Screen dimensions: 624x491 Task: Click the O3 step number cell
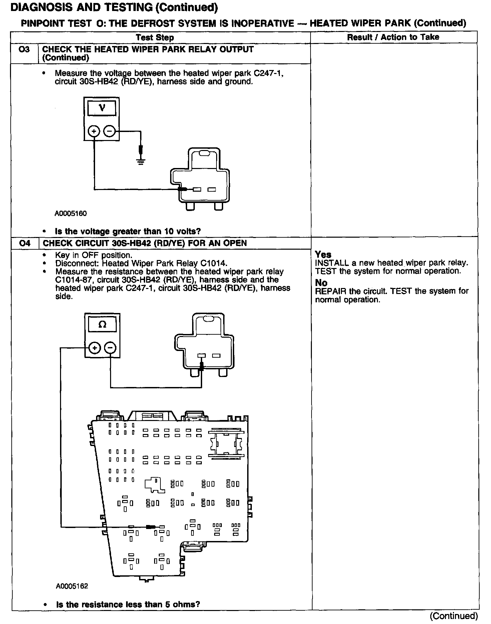(24, 50)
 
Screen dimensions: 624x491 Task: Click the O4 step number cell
(25, 243)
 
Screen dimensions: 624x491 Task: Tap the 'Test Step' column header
(155, 37)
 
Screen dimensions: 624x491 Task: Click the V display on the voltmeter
(102, 108)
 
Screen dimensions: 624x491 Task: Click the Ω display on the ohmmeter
(102, 324)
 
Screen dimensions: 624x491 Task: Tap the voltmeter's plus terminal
(94, 132)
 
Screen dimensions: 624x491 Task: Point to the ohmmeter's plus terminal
(95, 348)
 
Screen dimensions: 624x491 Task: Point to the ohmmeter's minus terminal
(110, 348)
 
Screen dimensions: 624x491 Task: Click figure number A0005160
(71, 214)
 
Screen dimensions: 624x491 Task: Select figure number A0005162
(72, 586)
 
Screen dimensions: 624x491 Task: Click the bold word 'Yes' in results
(323, 255)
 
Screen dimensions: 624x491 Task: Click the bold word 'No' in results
(321, 283)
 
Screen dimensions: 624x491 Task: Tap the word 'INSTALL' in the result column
(332, 263)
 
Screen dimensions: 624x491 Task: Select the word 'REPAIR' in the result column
(331, 291)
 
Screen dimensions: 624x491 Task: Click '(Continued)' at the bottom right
(454, 615)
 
